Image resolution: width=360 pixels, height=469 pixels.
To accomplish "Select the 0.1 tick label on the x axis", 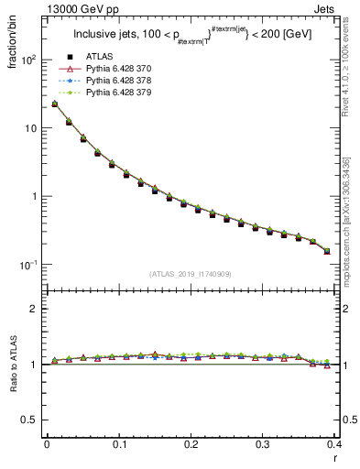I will [119, 443].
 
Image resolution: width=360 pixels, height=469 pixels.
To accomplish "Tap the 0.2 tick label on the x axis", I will [191, 443].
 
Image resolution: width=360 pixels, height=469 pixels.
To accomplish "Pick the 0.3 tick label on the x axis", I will [264, 443].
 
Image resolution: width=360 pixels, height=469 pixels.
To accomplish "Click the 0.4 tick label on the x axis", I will [334, 443].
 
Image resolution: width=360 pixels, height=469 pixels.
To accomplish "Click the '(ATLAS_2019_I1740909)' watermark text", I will [191, 273].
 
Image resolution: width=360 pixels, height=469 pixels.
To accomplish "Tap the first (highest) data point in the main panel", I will [54, 104].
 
